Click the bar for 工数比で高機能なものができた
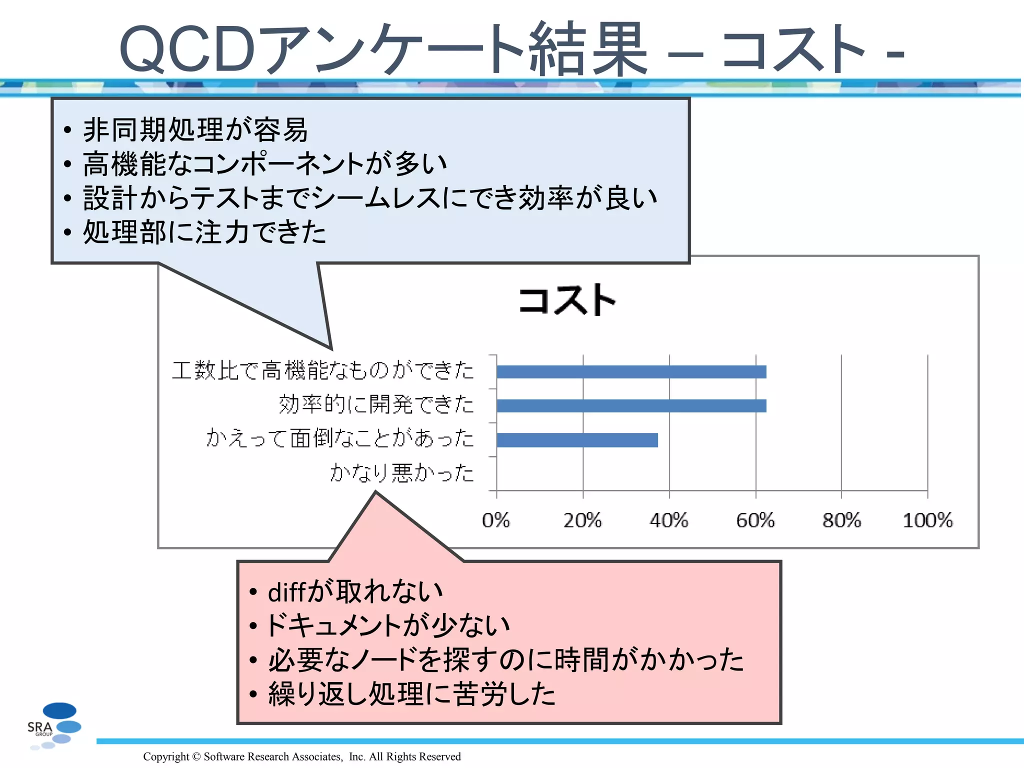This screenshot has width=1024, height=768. (x=631, y=371)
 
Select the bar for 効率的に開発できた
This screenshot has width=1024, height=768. (x=631, y=405)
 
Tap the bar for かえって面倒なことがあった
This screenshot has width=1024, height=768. (x=577, y=440)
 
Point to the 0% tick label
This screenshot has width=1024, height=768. (x=496, y=520)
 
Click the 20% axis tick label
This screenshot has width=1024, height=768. (x=582, y=520)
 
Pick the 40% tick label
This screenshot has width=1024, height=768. (x=669, y=520)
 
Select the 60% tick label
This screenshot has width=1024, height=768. (x=755, y=520)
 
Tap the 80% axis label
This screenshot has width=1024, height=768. (x=842, y=520)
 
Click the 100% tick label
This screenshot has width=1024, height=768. (x=928, y=520)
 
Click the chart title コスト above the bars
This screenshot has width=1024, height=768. (x=567, y=300)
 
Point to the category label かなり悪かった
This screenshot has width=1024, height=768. (x=401, y=472)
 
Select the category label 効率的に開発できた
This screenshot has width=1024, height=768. (x=376, y=404)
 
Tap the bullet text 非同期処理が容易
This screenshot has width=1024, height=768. (x=195, y=130)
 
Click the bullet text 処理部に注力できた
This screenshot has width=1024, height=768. (x=204, y=232)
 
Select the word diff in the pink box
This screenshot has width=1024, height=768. (x=286, y=592)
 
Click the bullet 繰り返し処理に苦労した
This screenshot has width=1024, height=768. (x=411, y=694)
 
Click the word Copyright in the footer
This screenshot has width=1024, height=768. (x=166, y=756)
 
